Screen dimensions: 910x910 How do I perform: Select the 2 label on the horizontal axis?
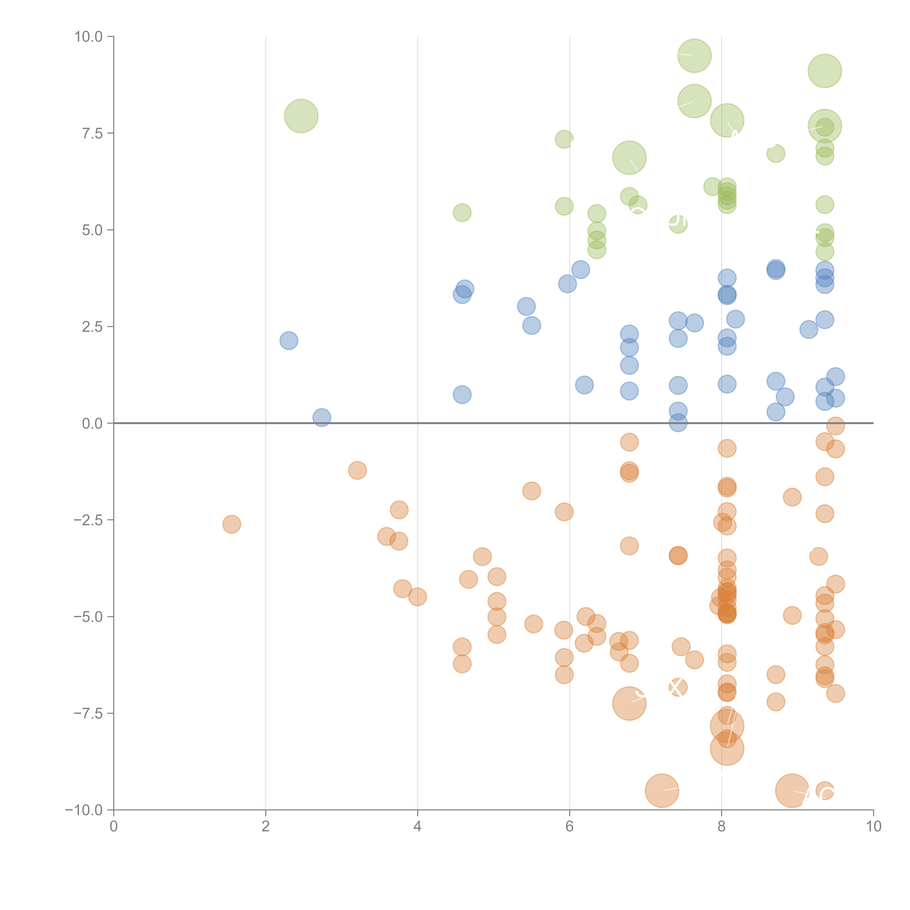click(266, 827)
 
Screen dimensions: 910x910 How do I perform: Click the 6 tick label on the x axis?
click(569, 827)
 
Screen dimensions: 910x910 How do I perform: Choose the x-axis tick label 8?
click(722, 827)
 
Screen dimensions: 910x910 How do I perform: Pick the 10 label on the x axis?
click(873, 827)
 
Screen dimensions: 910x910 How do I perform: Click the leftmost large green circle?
click(301, 116)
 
